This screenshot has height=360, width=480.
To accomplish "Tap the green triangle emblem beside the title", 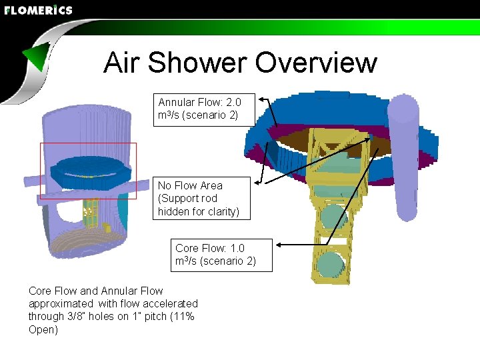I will click(36, 58).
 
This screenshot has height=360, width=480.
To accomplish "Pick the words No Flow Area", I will click(190, 185).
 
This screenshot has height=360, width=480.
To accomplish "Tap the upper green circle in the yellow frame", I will click(333, 217).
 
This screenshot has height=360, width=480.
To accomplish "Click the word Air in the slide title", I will click(122, 63).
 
